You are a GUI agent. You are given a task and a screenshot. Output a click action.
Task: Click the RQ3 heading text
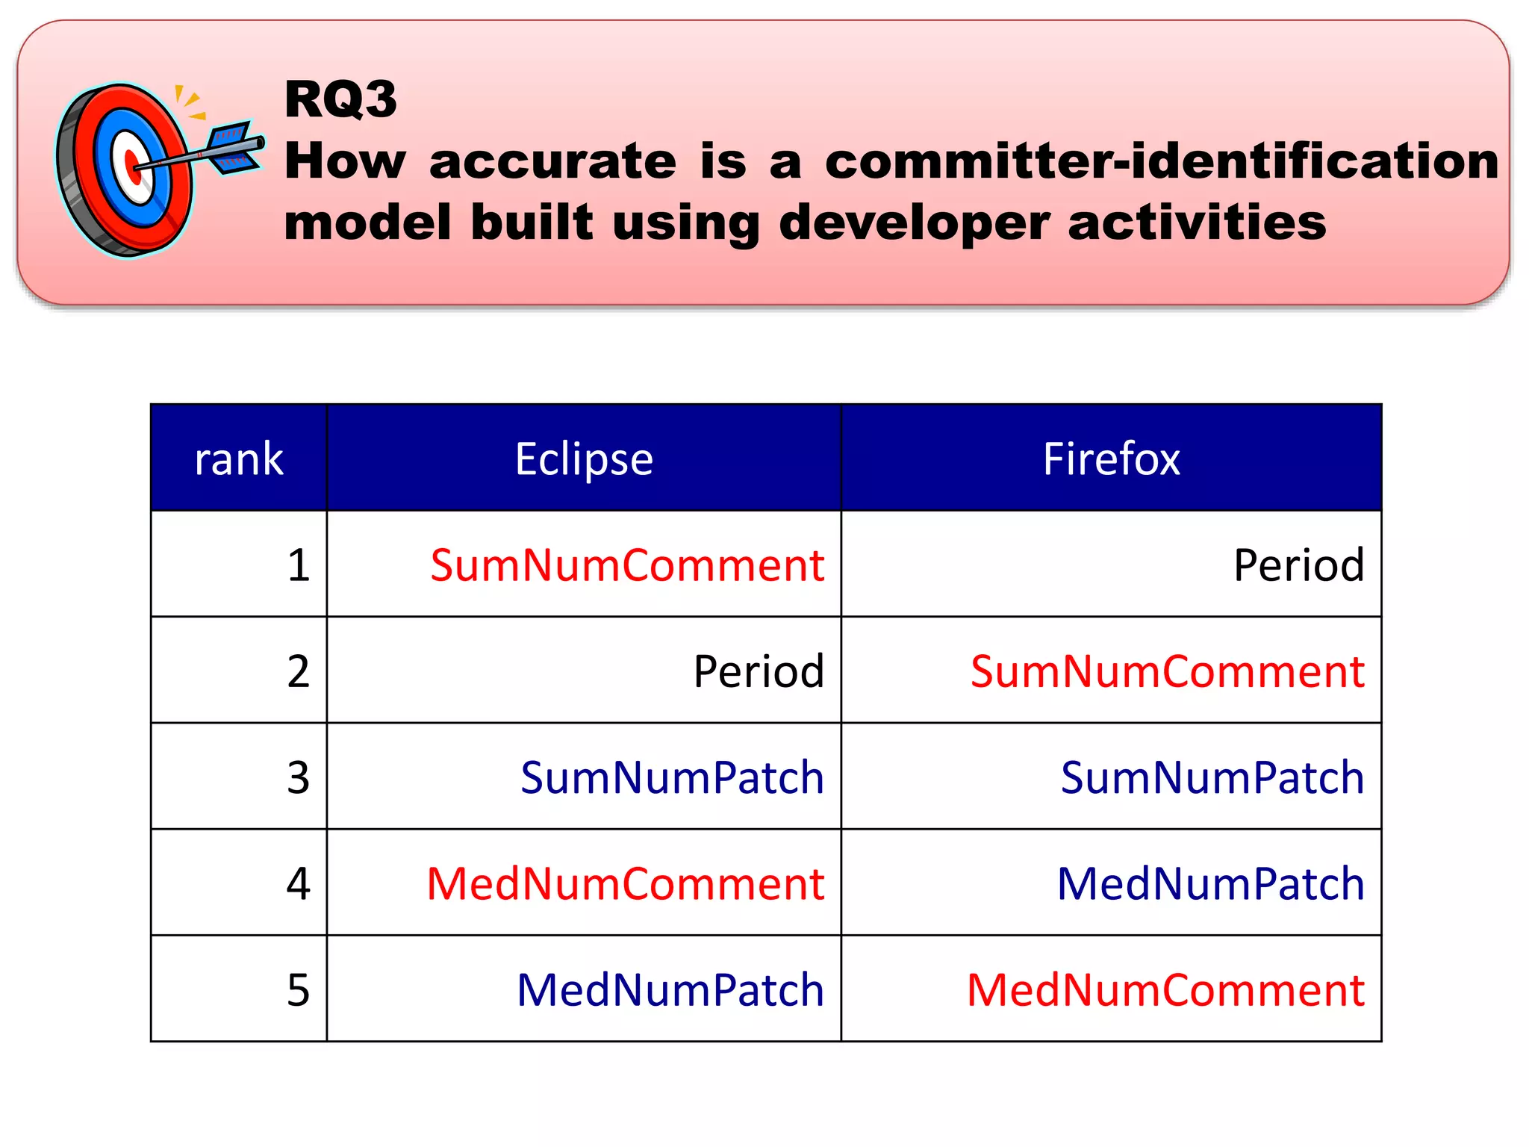[340, 99]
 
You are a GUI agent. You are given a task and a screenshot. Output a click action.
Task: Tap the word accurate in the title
[552, 161]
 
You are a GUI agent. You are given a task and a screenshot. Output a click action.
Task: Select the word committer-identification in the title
[1161, 161]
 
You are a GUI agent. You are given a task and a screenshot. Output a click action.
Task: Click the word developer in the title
[914, 223]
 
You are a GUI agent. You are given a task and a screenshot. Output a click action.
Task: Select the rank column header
[239, 459]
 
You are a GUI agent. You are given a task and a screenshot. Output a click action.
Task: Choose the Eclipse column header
[584, 459]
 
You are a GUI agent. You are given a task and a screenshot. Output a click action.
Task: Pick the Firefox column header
[1111, 459]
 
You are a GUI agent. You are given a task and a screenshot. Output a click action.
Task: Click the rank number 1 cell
[299, 565]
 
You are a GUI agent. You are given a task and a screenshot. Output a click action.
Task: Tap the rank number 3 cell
[299, 777]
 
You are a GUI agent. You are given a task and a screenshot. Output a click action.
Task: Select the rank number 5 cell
[299, 990]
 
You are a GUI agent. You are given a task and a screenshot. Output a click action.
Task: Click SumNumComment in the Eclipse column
[627, 565]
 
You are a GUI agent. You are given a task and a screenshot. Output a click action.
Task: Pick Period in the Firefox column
[1298, 565]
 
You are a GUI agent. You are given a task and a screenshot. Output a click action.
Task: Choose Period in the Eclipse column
[759, 671]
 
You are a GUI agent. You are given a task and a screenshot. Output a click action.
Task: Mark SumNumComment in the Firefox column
[1168, 671]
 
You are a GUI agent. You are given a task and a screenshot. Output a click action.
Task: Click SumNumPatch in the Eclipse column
[672, 777]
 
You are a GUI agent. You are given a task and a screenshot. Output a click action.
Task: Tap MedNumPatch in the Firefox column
[1211, 884]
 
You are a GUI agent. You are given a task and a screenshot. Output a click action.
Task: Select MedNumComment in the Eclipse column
[626, 884]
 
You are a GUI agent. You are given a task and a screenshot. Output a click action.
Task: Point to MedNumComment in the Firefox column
[1165, 990]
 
